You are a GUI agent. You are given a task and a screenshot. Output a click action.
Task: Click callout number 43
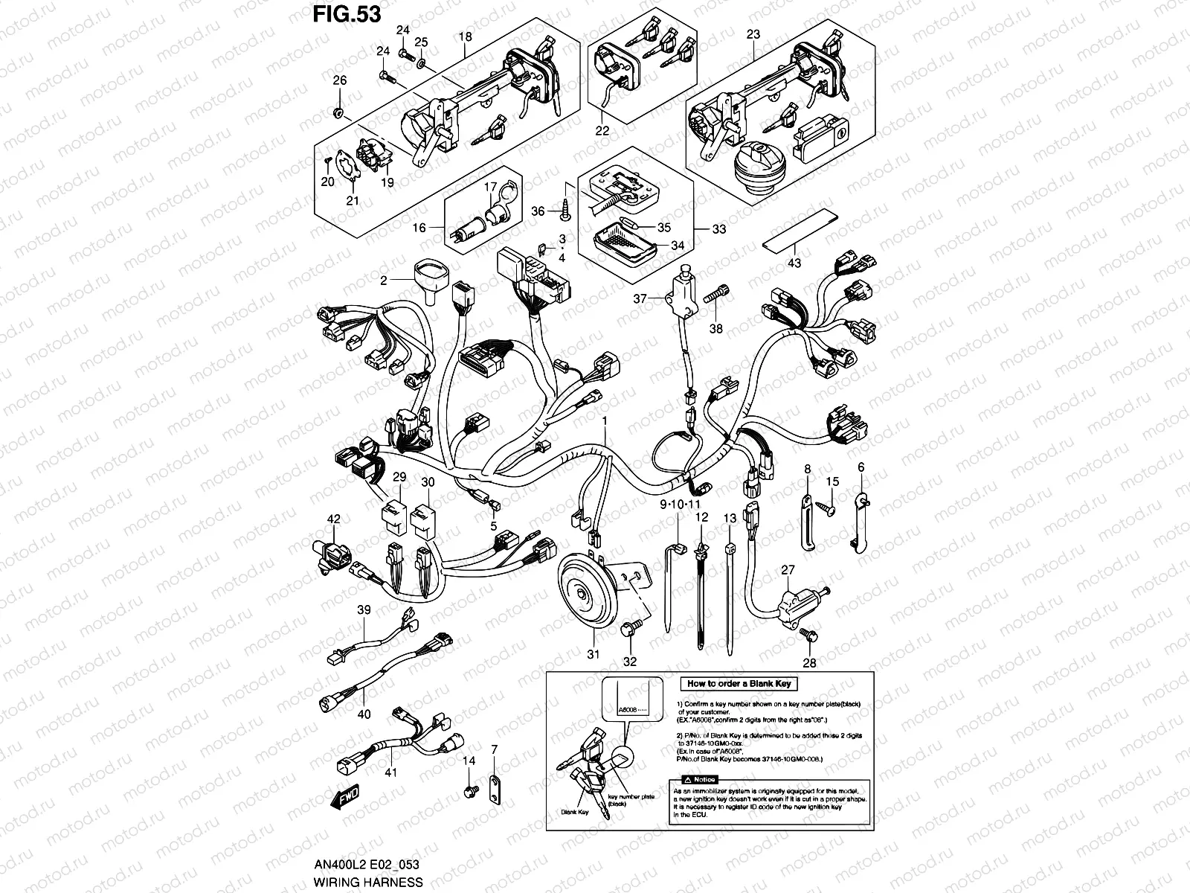[794, 262]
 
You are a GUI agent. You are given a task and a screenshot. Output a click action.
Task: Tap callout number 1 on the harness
[605, 420]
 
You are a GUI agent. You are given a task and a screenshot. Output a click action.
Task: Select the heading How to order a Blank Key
[739, 683]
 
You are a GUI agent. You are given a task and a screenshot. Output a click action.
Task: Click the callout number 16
[419, 228]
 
